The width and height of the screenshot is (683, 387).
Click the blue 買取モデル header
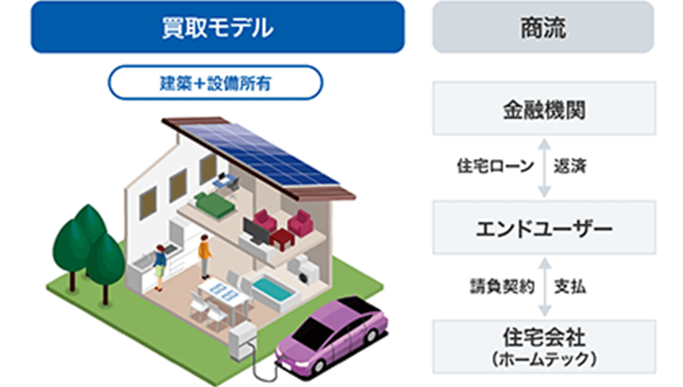pyautogui.click(x=217, y=27)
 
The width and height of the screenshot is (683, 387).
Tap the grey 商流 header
pyautogui.click(x=543, y=27)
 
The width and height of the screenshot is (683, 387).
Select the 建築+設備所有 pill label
pyautogui.click(x=215, y=83)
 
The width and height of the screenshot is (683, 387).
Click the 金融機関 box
pyautogui.click(x=544, y=109)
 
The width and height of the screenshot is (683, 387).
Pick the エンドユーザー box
pyautogui.click(x=544, y=227)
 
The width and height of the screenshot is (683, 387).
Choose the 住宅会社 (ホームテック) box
pyautogui.click(x=544, y=347)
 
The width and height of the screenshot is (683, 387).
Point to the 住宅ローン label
pyautogui.click(x=495, y=166)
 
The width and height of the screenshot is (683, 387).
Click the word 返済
pyautogui.click(x=570, y=166)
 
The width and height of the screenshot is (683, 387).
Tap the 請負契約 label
pyautogui.click(x=502, y=287)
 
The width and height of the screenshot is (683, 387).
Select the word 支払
pyautogui.click(x=570, y=287)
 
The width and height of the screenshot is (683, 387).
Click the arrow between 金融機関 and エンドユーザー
pyautogui.click(x=544, y=168)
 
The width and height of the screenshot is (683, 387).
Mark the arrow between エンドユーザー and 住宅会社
pyautogui.click(x=545, y=287)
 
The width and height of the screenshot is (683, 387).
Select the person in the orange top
pyautogui.click(x=205, y=256)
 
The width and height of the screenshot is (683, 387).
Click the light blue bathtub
pyautogui.click(x=272, y=288)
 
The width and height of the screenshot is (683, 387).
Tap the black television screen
pyautogui.click(x=256, y=231)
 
